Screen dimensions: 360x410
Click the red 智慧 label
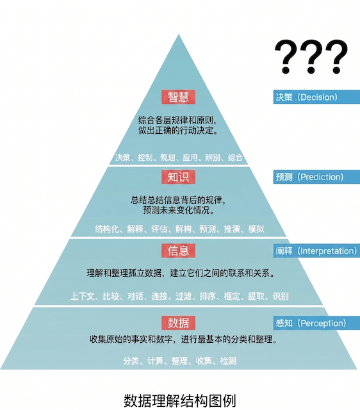click(178, 97)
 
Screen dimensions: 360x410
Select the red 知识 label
click(178, 177)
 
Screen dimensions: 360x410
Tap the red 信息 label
click(178, 250)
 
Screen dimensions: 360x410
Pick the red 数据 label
click(178, 323)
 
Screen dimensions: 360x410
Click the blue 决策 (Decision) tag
click(316, 97)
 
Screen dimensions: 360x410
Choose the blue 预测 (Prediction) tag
click(316, 177)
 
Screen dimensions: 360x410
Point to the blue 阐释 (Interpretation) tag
click(316, 251)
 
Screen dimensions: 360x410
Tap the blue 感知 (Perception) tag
click(316, 323)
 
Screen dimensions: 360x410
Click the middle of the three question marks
click(311, 56)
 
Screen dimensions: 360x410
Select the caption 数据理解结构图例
click(180, 400)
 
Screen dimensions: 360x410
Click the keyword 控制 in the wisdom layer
click(145, 158)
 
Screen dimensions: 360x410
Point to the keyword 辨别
click(213, 158)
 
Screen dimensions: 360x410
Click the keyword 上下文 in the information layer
click(83, 296)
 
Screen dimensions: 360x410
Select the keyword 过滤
click(184, 296)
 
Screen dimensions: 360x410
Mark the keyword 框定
click(232, 296)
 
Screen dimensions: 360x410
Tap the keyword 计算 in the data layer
click(155, 361)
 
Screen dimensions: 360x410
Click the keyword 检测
click(228, 361)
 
